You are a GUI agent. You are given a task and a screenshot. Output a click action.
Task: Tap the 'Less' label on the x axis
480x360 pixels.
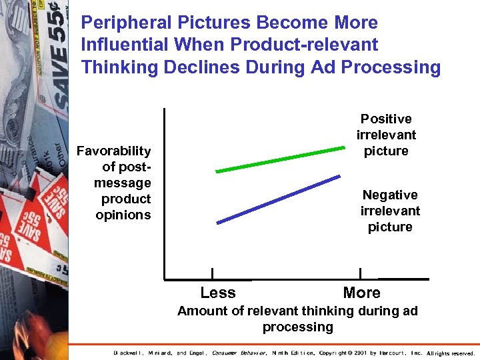217,293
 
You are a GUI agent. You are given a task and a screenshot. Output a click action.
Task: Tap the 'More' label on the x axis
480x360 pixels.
361,293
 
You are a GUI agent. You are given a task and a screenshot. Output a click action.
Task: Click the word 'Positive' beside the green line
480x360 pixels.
386,119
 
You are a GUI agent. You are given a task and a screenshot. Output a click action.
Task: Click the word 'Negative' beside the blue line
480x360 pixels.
390,195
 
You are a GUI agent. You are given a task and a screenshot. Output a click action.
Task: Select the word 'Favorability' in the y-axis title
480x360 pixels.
114,151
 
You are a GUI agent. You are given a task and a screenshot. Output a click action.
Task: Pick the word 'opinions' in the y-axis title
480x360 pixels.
123,215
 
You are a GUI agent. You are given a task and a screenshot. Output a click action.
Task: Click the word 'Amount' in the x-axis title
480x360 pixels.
201,311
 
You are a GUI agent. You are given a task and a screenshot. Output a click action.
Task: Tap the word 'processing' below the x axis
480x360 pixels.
297,327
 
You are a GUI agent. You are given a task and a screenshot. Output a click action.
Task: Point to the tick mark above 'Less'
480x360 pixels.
212,273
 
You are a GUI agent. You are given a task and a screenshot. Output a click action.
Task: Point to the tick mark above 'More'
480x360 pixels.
360,273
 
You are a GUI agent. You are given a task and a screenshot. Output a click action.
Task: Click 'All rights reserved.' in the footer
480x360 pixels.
451,353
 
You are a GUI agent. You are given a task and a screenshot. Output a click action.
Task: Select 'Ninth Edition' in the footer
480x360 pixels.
293,353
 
